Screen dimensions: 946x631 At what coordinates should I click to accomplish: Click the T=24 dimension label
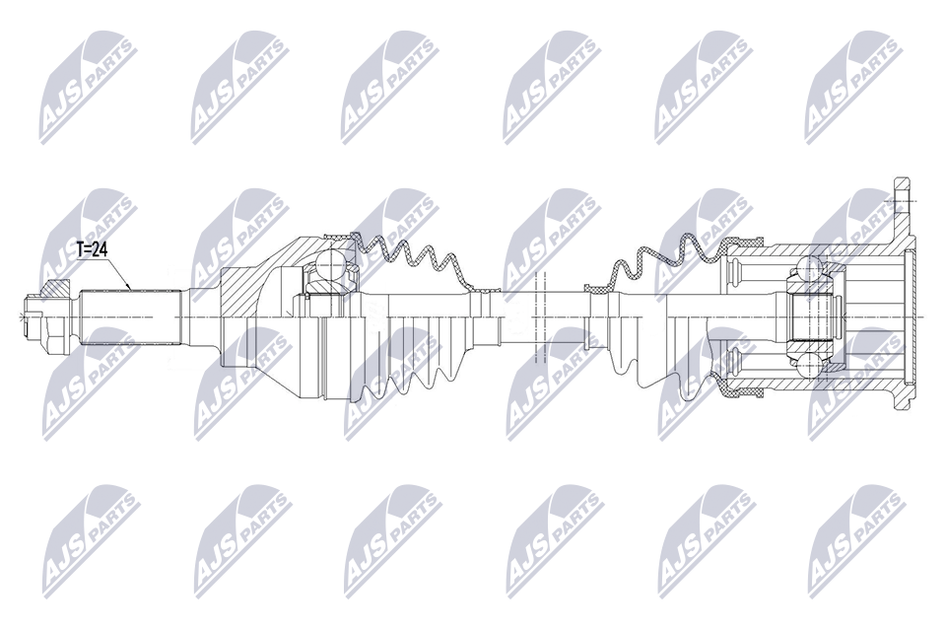pyautogui.click(x=92, y=249)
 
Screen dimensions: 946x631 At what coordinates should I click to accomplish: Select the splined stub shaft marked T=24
pyautogui.click(x=131, y=317)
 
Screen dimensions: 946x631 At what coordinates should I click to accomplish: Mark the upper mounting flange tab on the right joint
pyautogui.click(x=901, y=205)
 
